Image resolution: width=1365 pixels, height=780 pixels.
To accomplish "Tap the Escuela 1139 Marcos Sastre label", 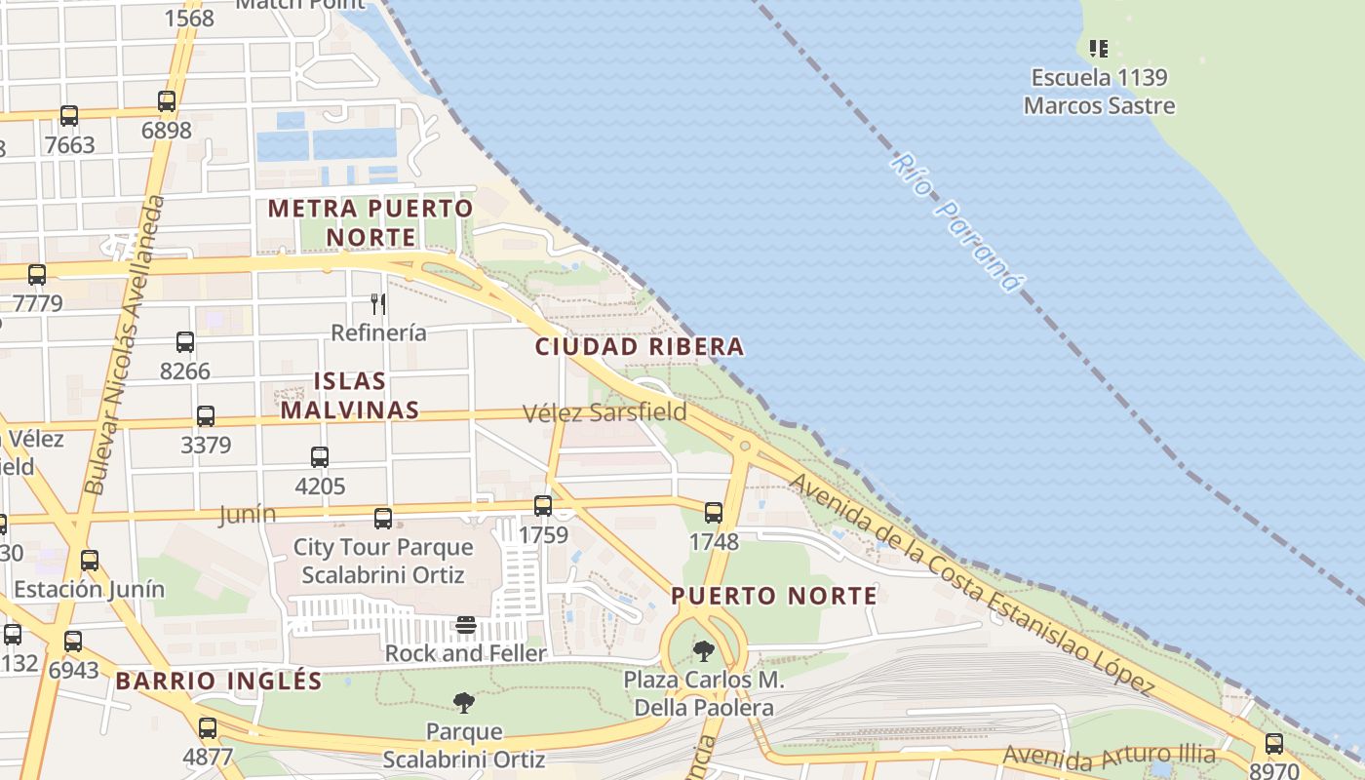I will tap(1099, 92).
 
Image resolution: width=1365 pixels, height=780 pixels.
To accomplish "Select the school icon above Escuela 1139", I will tap(1099, 47).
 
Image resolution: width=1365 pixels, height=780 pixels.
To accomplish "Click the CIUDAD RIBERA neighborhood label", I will tap(640, 346).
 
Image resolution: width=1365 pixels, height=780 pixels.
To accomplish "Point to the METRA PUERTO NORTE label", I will tap(370, 222).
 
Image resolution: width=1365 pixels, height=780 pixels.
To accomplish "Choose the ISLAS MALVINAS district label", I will tap(350, 395).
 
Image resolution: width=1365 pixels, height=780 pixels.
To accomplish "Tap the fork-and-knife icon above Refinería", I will tap(378, 303).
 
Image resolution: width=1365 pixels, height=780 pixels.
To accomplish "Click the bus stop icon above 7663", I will tap(69, 116).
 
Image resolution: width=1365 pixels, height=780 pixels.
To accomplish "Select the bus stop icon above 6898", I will tap(167, 101).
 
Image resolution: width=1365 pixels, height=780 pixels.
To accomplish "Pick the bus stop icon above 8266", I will tap(185, 342).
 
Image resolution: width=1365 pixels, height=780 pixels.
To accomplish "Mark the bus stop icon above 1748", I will tap(714, 513).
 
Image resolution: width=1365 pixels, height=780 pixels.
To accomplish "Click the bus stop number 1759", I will tap(543, 535).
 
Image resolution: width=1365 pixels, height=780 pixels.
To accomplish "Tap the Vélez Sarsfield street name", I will tap(604, 412).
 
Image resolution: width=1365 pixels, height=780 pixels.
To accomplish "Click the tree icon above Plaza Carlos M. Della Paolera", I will tap(703, 650).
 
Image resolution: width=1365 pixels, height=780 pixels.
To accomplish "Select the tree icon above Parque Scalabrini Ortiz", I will tap(464, 702).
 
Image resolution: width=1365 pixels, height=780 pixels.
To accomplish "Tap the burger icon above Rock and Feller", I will tap(466, 625).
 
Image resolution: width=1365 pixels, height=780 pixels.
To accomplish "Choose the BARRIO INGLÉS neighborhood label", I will tap(218, 681).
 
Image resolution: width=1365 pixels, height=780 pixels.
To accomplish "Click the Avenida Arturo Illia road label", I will tap(1109, 755).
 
